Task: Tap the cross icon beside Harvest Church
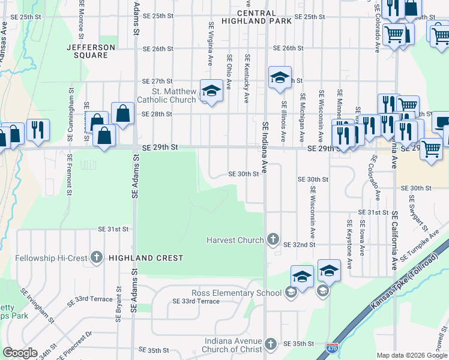(x=273, y=240)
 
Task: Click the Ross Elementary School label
(x=237, y=293)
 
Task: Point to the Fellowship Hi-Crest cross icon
(x=97, y=257)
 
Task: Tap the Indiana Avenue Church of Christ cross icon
(x=271, y=344)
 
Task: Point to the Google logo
(x=20, y=353)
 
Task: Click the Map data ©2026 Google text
(x=412, y=355)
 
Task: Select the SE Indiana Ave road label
(x=265, y=145)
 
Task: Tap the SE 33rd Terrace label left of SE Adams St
(x=91, y=299)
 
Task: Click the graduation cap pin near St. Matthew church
(x=211, y=91)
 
